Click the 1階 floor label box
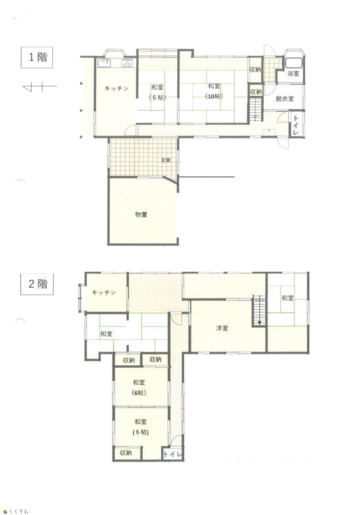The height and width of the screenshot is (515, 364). [x=37, y=57]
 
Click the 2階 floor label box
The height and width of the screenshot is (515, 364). [x=37, y=284]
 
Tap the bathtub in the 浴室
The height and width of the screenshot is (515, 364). [x=294, y=63]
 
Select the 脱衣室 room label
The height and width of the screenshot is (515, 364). [x=285, y=99]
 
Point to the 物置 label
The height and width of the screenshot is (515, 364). [x=141, y=215]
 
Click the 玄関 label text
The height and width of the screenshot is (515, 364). [x=166, y=160]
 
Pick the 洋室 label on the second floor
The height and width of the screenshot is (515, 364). [x=222, y=328]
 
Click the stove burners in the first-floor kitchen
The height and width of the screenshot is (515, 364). [x=127, y=63]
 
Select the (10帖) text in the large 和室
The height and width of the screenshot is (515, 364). [x=214, y=97]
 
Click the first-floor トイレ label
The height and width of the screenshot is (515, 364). [x=296, y=125]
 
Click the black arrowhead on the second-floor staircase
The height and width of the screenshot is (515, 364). [x=260, y=323]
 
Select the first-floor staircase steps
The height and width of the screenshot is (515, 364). [x=256, y=109]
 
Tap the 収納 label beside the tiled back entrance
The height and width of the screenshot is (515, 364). [x=255, y=70]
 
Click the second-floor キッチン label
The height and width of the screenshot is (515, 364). [x=104, y=292]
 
